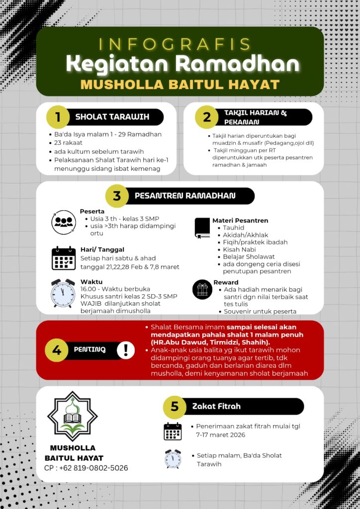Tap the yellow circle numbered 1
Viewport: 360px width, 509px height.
tap(58, 117)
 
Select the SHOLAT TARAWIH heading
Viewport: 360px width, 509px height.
tap(112, 117)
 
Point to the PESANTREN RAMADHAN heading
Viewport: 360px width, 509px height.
tap(185, 196)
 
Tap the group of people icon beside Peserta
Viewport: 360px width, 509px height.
tap(64, 222)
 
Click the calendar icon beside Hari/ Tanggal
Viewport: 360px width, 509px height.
tap(64, 258)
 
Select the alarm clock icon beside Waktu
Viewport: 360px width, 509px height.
tap(63, 294)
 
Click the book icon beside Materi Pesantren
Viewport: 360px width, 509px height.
tap(202, 228)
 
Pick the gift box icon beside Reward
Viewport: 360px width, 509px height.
tap(202, 289)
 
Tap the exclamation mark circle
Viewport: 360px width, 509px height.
tap(126, 350)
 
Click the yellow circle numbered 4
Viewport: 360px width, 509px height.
tap(57, 350)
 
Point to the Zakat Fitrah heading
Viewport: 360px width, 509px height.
tap(216, 407)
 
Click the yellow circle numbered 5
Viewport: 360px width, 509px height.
tap(175, 407)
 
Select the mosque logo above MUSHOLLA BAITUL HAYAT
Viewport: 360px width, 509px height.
tap(73, 416)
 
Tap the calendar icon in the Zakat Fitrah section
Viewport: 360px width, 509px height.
tap(173, 431)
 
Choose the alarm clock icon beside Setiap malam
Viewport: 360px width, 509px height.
tap(173, 459)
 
